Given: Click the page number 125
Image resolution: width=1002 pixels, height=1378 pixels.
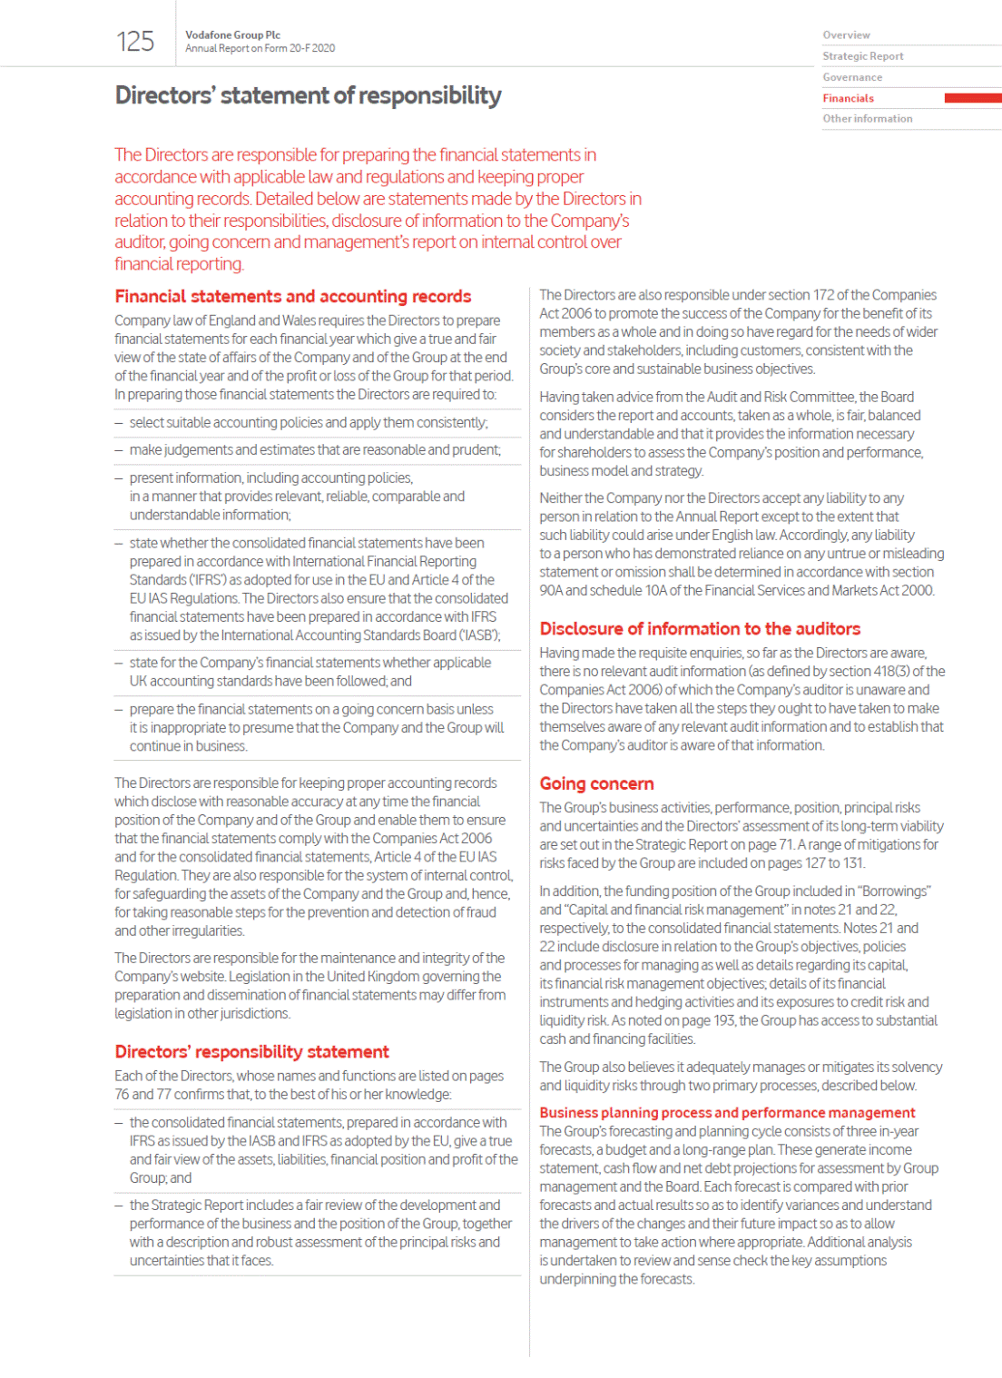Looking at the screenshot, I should click(135, 42).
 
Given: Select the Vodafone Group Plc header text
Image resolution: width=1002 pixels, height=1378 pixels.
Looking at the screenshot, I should click(232, 35).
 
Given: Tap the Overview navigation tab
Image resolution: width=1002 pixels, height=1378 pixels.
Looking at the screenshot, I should click(846, 35).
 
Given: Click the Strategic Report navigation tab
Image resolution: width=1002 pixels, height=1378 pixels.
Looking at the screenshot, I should click(862, 56).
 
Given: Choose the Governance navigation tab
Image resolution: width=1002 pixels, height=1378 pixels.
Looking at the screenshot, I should click(852, 77).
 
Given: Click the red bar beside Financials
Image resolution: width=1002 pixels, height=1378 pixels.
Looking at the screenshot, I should click(972, 98).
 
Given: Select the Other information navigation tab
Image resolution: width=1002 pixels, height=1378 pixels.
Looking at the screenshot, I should click(867, 119).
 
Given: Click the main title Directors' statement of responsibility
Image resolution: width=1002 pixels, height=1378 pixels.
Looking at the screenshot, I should click(308, 95).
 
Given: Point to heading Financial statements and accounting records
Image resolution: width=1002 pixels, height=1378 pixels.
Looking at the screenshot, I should click(292, 297).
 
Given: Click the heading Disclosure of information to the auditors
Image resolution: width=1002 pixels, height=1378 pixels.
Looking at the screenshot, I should click(700, 629).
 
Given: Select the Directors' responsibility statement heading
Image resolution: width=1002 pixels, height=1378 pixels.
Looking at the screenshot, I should click(251, 1052).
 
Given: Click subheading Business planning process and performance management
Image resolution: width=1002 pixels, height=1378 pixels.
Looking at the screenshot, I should click(727, 1113).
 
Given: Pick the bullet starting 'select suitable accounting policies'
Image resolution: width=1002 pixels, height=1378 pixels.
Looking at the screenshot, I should click(308, 423).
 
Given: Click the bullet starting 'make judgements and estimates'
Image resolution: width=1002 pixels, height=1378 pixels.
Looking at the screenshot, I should click(314, 450).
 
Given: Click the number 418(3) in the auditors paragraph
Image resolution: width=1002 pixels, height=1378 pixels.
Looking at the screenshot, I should click(891, 672).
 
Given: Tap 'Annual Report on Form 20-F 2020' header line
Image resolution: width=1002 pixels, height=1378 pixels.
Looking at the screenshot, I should click(260, 49).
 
